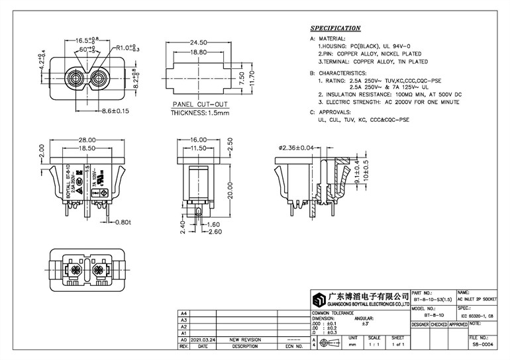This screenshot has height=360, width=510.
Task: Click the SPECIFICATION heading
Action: pos(336,28)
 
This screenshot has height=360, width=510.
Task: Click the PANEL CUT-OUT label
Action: pos(200,105)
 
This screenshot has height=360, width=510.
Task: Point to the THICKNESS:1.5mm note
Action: pos(200,112)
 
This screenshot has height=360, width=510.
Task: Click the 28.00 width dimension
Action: pos(87,140)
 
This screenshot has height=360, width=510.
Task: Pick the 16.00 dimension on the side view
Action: pos(198,140)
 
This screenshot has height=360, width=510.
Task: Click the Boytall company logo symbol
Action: pos(321,298)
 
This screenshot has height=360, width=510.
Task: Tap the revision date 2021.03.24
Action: pos(203,339)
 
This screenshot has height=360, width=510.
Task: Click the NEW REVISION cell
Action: pos(245,339)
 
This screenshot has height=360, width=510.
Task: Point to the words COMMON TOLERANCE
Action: pos(333,312)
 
